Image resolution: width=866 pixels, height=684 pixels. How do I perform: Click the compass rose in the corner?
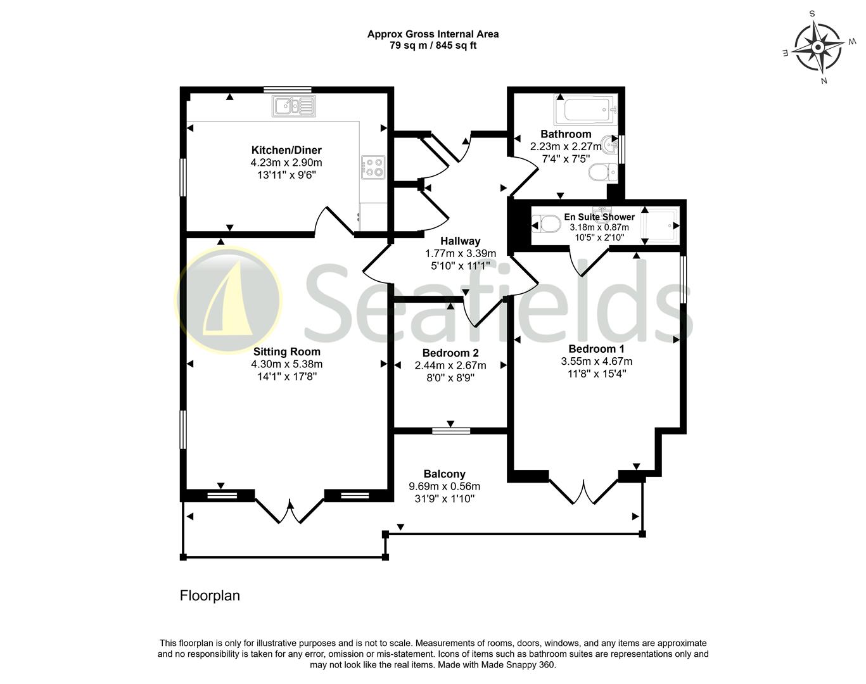click(x=818, y=47)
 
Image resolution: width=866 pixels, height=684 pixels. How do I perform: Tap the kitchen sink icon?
click(x=294, y=106)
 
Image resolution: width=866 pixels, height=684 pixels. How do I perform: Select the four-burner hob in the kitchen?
click(x=373, y=167)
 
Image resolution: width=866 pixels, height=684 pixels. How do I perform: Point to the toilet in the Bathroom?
click(x=599, y=171)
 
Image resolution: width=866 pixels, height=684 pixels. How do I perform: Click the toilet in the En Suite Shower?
click(x=544, y=224)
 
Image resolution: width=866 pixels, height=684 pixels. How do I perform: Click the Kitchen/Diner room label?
click(x=286, y=150)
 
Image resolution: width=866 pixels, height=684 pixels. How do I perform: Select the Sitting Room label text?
click(x=286, y=351)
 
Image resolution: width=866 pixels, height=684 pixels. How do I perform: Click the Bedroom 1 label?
click(x=596, y=349)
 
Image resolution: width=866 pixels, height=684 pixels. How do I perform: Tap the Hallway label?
click(x=460, y=241)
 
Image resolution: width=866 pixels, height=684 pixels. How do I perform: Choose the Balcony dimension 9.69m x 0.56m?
click(x=444, y=486)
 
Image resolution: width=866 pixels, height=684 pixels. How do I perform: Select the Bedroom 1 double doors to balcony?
click(x=583, y=491)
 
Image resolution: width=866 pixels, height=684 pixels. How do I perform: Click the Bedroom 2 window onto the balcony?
click(x=451, y=431)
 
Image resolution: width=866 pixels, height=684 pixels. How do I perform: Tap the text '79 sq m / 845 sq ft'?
click(x=433, y=46)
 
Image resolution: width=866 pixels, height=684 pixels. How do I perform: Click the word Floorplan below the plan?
click(x=210, y=595)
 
